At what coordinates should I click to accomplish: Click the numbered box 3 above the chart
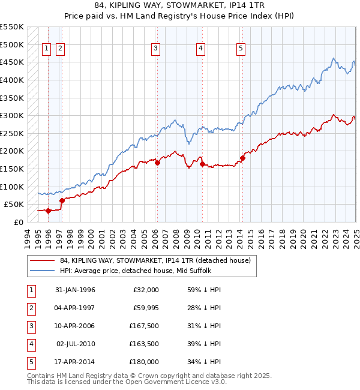point(155,49)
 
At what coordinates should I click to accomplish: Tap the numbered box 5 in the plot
point(241,49)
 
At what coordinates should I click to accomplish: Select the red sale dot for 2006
point(157,163)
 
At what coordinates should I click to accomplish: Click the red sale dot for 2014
point(243,158)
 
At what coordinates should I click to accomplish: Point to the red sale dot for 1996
point(48,211)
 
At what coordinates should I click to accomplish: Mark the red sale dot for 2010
point(202,164)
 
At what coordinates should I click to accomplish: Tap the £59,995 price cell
point(145,307)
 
